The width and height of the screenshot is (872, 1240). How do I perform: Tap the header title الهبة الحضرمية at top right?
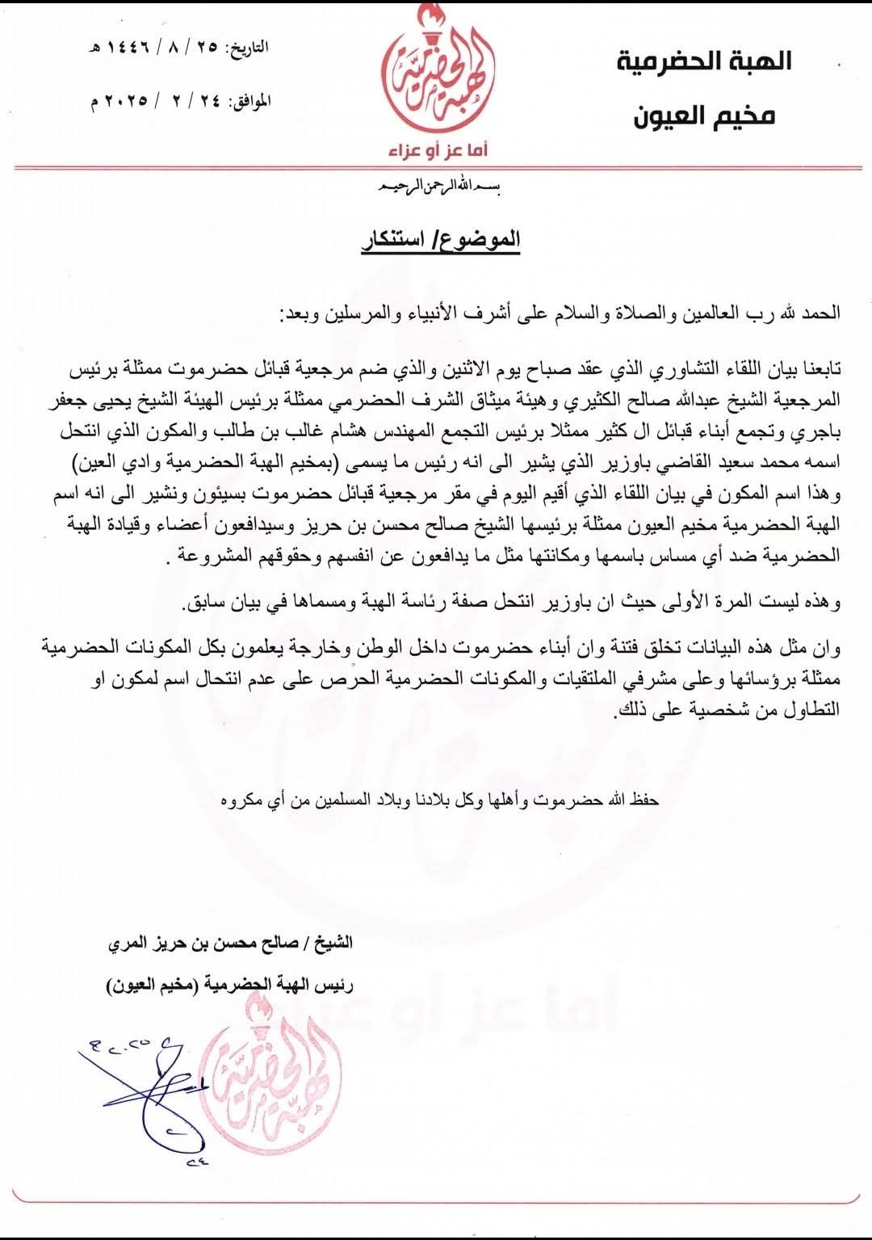[x=704, y=61]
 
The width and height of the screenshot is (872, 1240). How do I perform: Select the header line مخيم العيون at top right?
[x=702, y=116]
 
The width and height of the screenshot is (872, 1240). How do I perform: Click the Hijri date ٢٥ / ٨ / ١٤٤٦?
[x=157, y=48]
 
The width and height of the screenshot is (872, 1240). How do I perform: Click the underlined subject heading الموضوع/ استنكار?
[x=439, y=240]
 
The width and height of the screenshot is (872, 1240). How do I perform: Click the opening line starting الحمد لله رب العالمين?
[x=561, y=312]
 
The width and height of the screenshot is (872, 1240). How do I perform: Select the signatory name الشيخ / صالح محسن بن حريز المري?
[x=230, y=942]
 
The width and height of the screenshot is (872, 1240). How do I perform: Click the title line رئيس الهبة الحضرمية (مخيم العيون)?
[x=230, y=986]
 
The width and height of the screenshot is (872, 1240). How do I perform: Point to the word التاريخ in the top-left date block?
[x=249, y=48]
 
